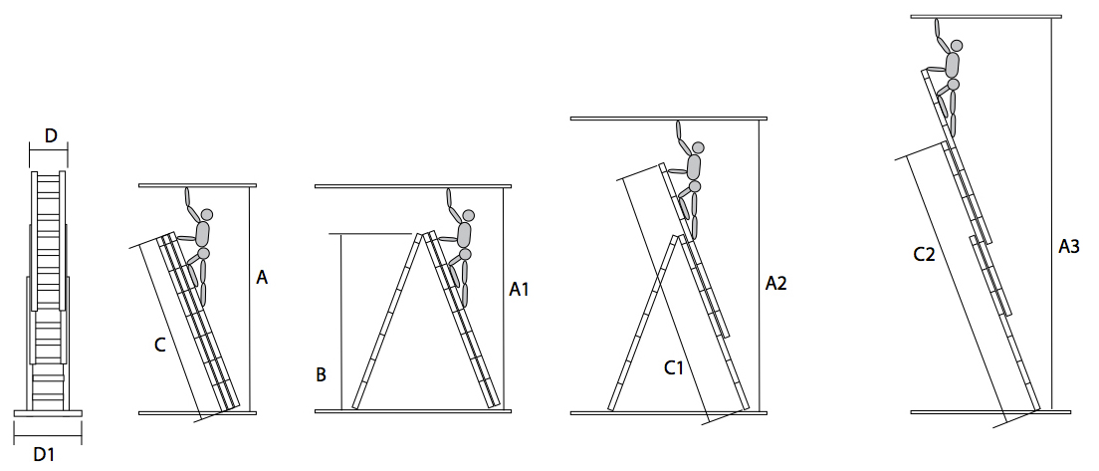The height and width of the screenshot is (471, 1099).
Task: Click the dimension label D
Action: (x=51, y=136)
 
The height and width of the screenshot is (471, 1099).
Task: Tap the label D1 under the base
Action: (x=44, y=454)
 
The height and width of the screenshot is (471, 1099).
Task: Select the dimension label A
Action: (x=262, y=278)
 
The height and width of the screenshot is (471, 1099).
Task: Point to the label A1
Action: (x=518, y=288)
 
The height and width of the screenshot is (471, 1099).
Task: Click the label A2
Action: (x=775, y=283)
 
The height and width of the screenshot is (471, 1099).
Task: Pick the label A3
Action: (x=1068, y=246)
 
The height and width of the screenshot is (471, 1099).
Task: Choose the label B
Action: (x=321, y=375)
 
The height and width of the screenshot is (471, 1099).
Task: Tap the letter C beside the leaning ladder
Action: (x=160, y=345)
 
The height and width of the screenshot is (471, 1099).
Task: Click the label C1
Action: (x=673, y=368)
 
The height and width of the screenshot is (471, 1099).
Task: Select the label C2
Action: (x=924, y=255)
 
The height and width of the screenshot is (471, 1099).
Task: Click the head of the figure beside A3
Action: (x=956, y=46)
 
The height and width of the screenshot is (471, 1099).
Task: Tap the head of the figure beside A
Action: (x=206, y=214)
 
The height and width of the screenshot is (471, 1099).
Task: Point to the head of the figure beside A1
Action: (x=468, y=215)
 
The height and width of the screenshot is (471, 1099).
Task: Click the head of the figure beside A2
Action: (x=698, y=148)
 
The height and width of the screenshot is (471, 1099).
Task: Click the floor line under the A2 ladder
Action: (x=669, y=413)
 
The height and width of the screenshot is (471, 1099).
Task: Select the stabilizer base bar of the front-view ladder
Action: (x=48, y=413)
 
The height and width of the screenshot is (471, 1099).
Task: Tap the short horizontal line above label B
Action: (x=370, y=234)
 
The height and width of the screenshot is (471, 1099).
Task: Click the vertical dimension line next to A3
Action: (x=1052, y=214)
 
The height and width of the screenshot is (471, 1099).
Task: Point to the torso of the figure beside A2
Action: (x=694, y=167)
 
